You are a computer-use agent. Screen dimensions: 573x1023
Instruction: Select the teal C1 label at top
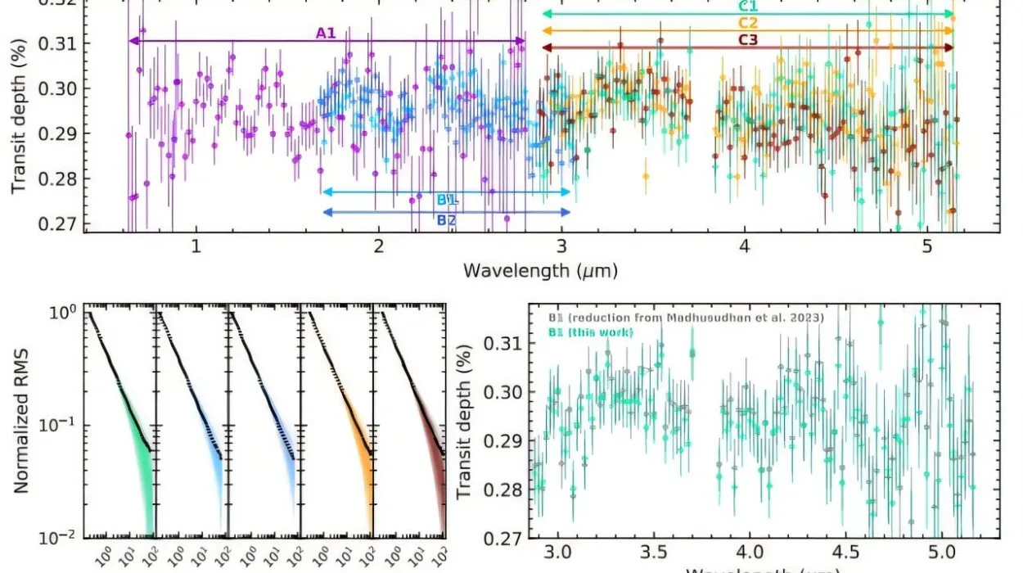746,7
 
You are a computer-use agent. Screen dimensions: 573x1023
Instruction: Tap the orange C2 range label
747,23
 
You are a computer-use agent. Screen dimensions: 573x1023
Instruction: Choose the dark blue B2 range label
446,219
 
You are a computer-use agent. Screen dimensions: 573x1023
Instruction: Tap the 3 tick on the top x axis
561,247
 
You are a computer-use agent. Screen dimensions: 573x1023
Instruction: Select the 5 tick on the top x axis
926,247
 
